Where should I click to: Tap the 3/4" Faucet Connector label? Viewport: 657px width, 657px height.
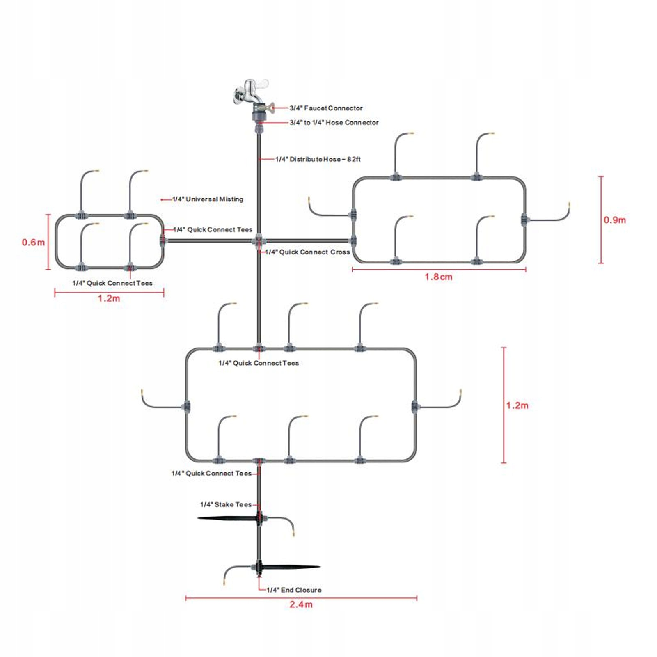[x=326, y=108]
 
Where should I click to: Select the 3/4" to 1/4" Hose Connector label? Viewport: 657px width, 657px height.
[x=334, y=122]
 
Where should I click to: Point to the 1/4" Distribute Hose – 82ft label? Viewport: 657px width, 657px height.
[x=318, y=159]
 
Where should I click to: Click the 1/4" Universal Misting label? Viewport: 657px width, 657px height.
[x=208, y=199]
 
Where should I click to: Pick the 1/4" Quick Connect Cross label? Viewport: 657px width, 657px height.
[x=307, y=252]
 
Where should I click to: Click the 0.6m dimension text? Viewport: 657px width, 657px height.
[x=33, y=242]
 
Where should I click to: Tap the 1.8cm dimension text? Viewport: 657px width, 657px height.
[x=438, y=277]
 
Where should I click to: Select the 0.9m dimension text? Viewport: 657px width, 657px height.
[x=614, y=220]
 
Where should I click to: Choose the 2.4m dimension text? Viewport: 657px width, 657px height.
[x=301, y=604]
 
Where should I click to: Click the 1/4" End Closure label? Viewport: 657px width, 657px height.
[x=294, y=590]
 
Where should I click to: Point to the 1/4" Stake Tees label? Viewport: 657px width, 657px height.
[x=226, y=504]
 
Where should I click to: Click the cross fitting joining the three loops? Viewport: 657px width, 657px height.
[x=259, y=240]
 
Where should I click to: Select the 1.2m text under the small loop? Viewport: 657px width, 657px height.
[x=109, y=298]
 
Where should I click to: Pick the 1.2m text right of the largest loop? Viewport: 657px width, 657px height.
[x=517, y=405]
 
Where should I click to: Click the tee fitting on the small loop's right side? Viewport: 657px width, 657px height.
[x=163, y=240]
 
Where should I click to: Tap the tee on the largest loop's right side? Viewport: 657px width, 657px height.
[x=415, y=406]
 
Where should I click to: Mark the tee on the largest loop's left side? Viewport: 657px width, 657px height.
[x=187, y=407]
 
